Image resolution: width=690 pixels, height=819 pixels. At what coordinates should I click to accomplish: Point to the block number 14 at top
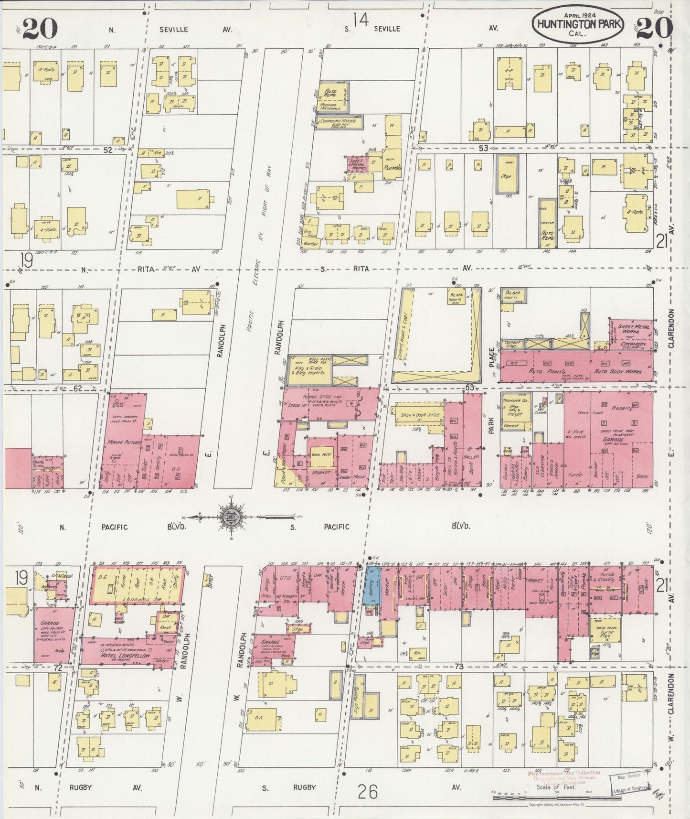tap(361, 20)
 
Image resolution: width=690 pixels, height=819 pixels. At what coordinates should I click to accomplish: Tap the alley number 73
tap(459, 666)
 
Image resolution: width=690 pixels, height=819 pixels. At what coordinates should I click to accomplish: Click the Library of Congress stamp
tap(630, 784)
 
